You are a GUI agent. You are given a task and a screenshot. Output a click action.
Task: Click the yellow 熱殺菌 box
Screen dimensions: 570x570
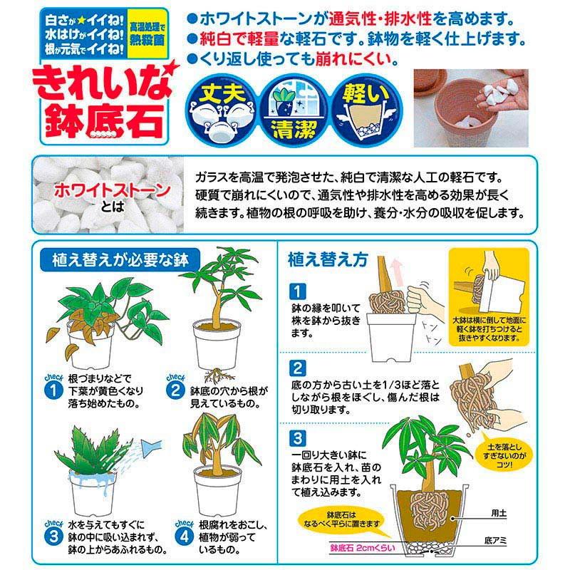(x=147, y=33)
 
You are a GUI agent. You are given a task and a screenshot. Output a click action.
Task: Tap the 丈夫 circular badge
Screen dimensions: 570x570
(x=222, y=110)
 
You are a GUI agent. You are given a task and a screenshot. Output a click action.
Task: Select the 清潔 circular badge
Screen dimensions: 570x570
(x=295, y=111)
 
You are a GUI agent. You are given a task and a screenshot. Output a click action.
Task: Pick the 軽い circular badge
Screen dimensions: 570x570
(x=366, y=111)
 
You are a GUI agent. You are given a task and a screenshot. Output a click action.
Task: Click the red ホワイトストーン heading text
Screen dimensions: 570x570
(x=113, y=191)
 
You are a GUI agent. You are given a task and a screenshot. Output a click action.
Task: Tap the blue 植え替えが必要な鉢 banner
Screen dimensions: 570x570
(x=120, y=260)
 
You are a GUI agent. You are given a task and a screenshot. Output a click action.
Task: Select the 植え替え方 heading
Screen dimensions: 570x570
(x=328, y=260)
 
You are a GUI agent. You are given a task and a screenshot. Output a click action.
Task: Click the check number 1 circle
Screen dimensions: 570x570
(x=53, y=391)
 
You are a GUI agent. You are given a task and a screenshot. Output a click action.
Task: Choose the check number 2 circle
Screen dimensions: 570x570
(x=175, y=391)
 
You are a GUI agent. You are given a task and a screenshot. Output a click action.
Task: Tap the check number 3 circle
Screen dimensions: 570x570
(x=53, y=537)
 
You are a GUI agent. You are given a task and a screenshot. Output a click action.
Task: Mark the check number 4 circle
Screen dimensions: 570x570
(x=185, y=537)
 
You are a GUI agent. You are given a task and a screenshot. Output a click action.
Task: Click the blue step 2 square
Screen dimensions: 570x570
(x=298, y=368)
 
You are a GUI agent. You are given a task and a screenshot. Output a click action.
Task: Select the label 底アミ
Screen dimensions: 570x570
(x=495, y=541)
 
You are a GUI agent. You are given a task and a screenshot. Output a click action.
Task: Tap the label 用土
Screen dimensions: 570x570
(x=499, y=513)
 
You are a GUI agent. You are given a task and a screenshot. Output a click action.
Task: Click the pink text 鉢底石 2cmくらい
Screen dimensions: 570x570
(x=363, y=548)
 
